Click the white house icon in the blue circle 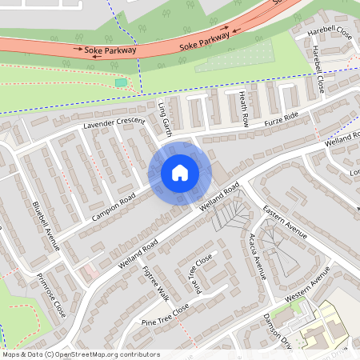pyautogui.click(x=180, y=173)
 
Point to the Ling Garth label pyautogui.click(x=166, y=117)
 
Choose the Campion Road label pyautogui.click(x=114, y=206)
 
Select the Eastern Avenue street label pyautogui.click(x=286, y=223)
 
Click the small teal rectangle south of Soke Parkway pyautogui.click(x=121, y=82)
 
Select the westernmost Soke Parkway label pyautogui.click(x=111, y=50)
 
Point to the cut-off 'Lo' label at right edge pyautogui.click(x=354, y=172)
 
